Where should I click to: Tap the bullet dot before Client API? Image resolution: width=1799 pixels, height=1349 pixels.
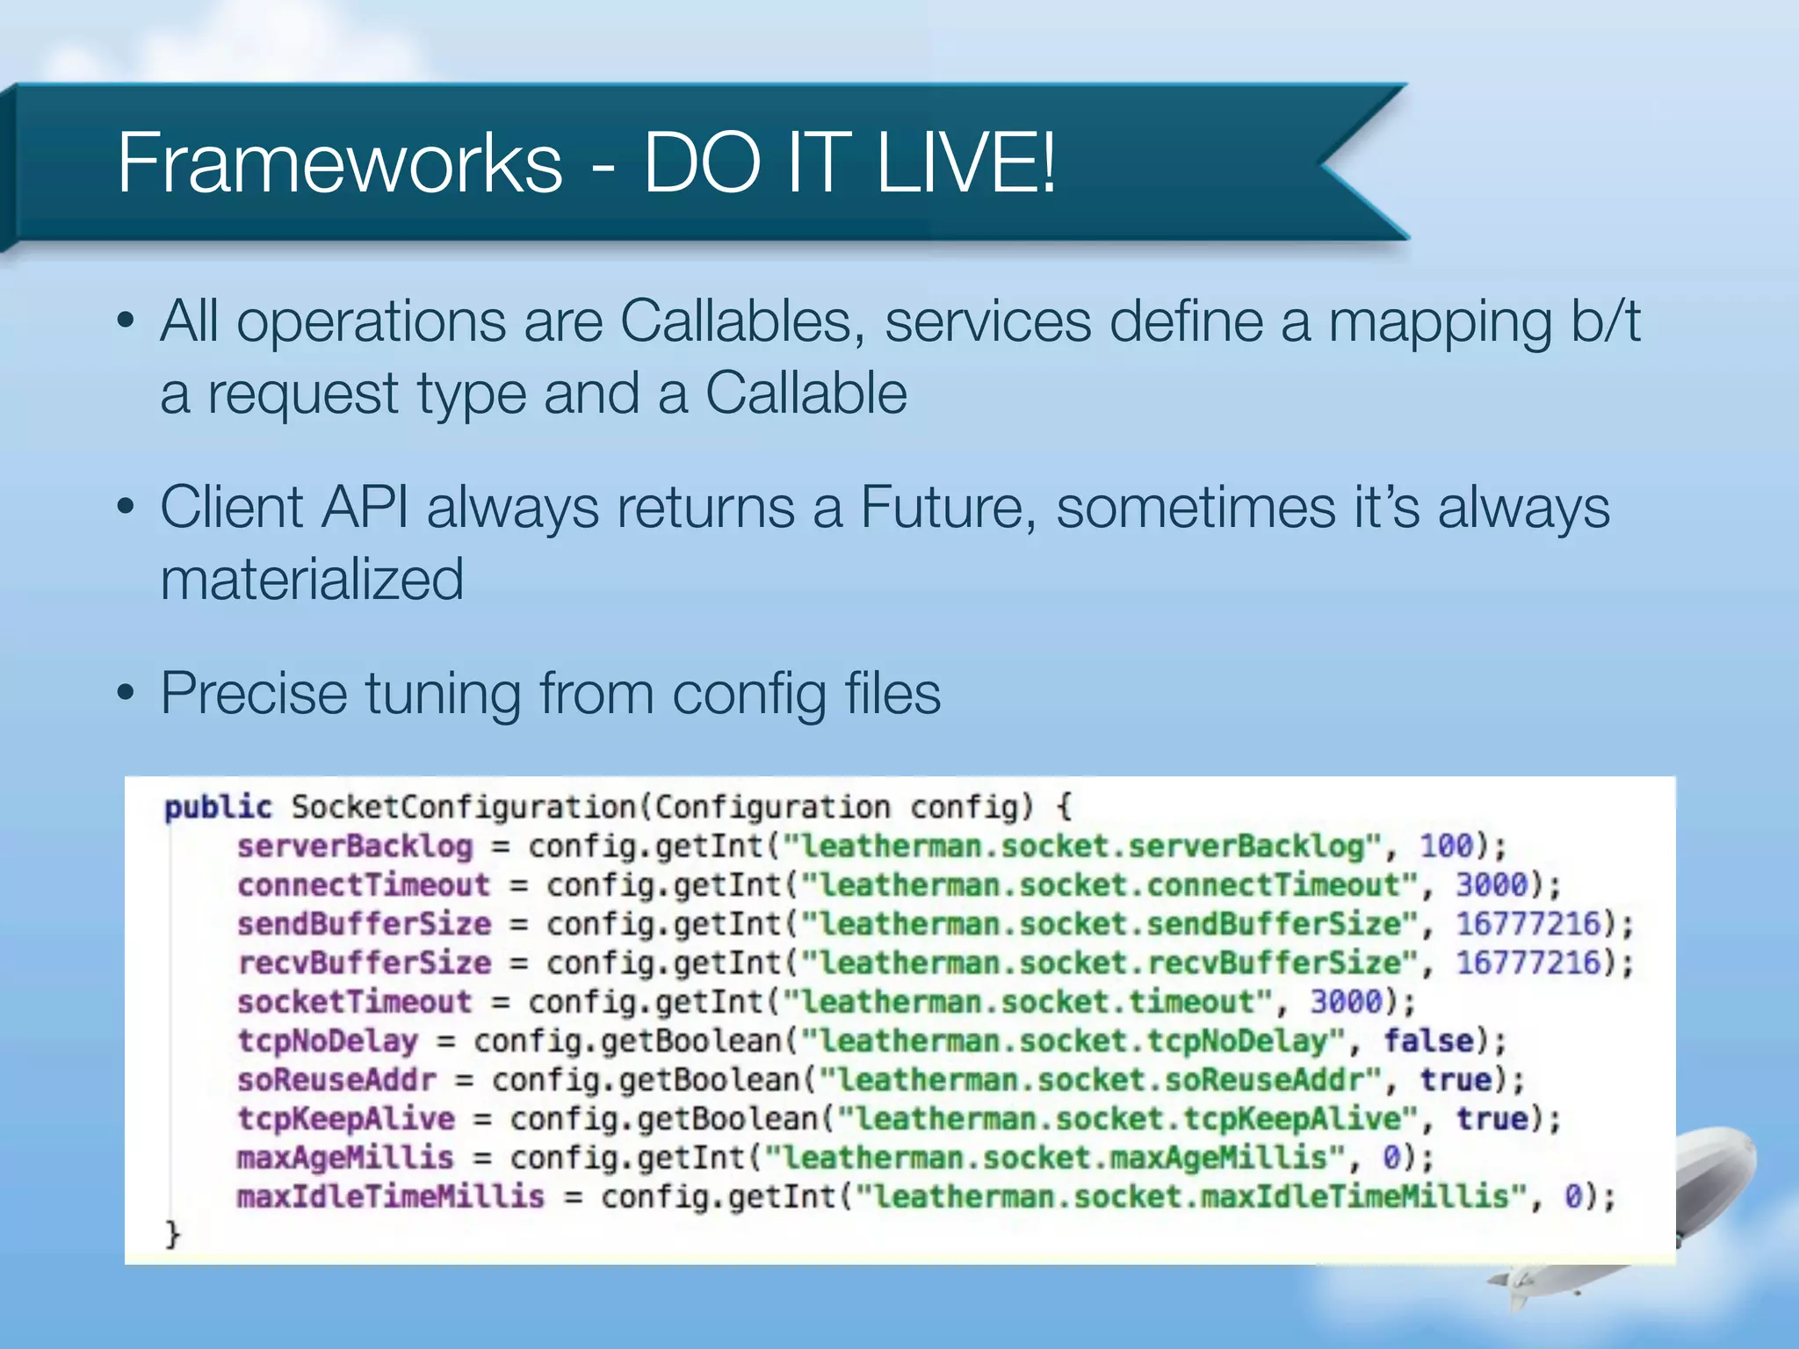(x=126, y=508)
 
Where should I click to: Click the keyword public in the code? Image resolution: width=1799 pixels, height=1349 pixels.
(x=218, y=807)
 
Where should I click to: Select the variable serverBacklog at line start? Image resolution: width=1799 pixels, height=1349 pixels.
(x=355, y=846)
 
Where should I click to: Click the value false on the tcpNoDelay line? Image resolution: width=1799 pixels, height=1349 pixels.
(x=1428, y=1041)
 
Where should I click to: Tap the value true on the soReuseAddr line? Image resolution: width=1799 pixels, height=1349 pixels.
(x=1456, y=1079)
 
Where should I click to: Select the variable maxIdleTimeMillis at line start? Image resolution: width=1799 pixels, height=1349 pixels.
(x=390, y=1196)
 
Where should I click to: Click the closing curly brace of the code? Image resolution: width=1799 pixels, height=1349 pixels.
(x=172, y=1234)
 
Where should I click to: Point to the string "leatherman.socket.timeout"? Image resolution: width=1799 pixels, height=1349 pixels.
(x=1028, y=1002)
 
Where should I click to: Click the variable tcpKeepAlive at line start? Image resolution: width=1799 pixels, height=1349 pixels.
(x=346, y=1119)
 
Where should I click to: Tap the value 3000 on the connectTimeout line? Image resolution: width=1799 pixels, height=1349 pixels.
(x=1492, y=884)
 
